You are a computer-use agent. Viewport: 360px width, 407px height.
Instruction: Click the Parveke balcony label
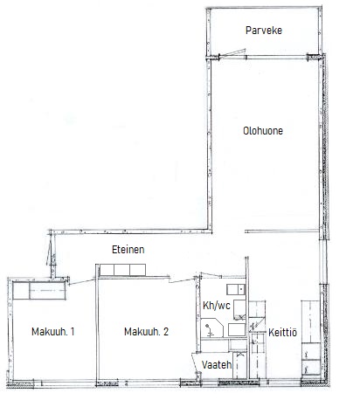(x=264, y=31)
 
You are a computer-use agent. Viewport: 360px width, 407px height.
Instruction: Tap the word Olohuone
(x=263, y=131)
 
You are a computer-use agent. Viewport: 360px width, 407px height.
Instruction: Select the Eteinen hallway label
(x=128, y=250)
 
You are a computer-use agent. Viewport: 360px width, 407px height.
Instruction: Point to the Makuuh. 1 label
(x=53, y=332)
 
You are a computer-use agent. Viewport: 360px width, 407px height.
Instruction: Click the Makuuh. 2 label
(x=146, y=332)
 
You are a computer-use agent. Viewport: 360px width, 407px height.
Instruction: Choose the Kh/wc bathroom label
(x=217, y=306)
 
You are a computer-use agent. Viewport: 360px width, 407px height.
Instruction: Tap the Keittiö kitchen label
(x=282, y=333)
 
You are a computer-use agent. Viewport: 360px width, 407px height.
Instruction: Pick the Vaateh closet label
(x=217, y=365)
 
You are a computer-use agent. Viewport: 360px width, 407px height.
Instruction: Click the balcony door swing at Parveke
(x=232, y=53)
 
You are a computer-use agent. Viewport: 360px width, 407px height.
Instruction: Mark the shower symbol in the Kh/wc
(x=209, y=330)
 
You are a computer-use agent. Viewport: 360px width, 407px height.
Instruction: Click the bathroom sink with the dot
(x=236, y=289)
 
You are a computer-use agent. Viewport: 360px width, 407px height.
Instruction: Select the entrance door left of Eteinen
(x=51, y=250)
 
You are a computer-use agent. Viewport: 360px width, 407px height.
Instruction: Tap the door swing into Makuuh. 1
(x=82, y=282)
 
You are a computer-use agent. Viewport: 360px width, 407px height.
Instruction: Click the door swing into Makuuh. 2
(x=183, y=280)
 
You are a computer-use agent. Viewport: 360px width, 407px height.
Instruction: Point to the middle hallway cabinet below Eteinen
(x=121, y=270)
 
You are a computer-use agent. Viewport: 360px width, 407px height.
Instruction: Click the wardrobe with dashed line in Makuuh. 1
(x=47, y=291)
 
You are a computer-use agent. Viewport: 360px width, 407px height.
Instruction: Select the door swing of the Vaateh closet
(x=196, y=365)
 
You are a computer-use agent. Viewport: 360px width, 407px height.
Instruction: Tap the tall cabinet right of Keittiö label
(x=310, y=321)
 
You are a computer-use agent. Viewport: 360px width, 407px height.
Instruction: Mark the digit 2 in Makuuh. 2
(x=166, y=331)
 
